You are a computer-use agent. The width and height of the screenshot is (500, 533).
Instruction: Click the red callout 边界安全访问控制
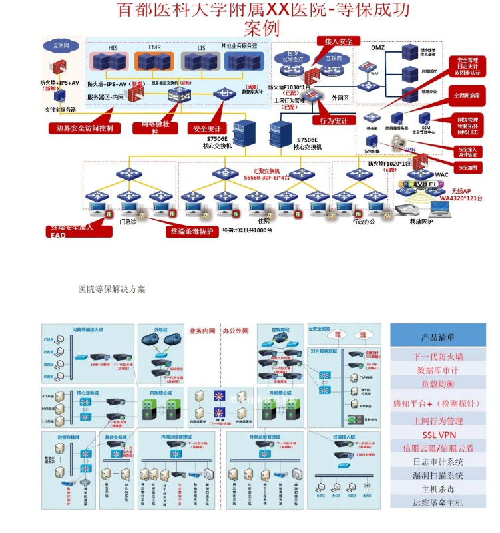click(x=81, y=127)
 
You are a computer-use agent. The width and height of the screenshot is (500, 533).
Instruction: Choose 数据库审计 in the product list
click(x=438, y=370)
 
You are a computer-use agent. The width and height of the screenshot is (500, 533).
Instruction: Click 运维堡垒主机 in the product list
click(x=438, y=503)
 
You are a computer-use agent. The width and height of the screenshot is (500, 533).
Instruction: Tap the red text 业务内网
click(x=204, y=331)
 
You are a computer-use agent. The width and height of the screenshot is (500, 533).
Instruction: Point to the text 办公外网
click(x=235, y=331)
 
